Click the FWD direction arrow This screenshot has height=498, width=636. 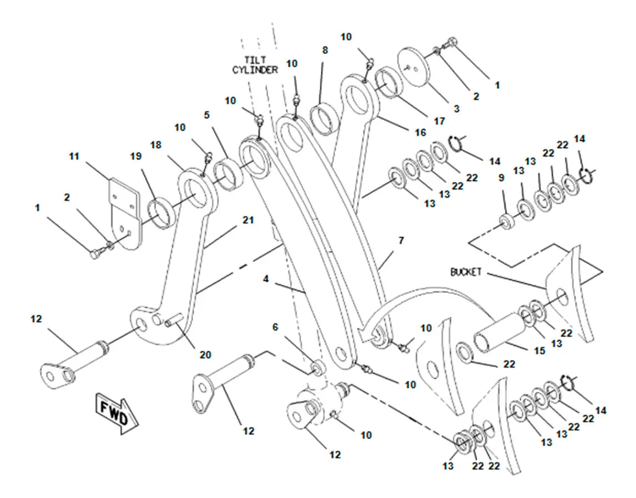click(117, 413)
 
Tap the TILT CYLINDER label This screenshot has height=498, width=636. click(255, 65)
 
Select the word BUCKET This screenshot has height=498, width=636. click(466, 272)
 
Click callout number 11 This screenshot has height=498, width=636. click(74, 156)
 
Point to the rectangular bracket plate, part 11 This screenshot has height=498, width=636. click(125, 214)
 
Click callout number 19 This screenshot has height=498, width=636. click(136, 156)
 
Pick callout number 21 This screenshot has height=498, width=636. click(248, 220)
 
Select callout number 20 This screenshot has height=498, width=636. click(206, 355)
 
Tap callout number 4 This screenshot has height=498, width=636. click(266, 279)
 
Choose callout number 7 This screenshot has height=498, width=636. click(401, 241)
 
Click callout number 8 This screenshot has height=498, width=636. click(325, 51)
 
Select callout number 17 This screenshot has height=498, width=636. click(440, 121)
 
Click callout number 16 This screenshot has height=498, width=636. click(421, 132)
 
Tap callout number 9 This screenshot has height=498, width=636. click(502, 178)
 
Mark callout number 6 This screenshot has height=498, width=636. click(275, 327)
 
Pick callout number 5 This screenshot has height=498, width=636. click(207, 115)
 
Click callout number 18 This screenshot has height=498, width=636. click(156, 145)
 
